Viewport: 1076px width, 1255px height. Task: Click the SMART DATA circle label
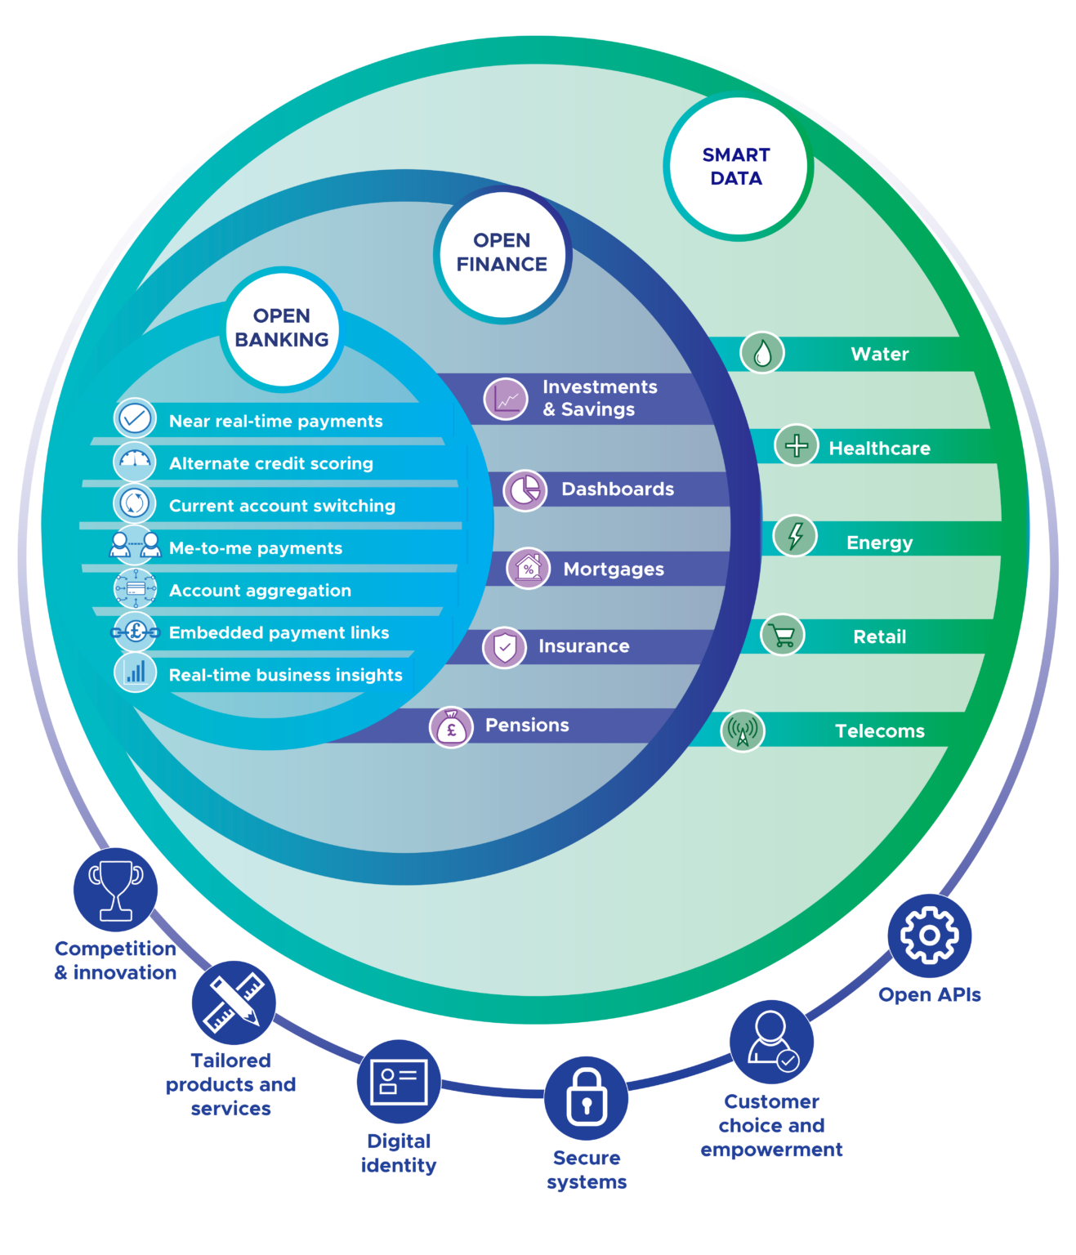(736, 167)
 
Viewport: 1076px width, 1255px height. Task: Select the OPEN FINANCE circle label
(502, 252)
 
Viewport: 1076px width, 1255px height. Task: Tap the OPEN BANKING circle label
(282, 328)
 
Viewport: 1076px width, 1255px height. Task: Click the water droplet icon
(761, 353)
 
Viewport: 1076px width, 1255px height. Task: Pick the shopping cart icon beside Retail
(782, 636)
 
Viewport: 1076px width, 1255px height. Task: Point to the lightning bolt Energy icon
(794, 536)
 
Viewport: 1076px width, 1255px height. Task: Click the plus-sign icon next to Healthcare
(796, 445)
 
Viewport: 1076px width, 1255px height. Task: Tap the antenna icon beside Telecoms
(742, 730)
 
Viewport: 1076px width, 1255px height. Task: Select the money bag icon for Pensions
(451, 726)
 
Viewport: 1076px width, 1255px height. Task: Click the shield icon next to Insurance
(504, 648)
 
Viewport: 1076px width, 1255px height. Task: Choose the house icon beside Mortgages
(529, 568)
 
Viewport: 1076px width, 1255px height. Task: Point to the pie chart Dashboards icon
(525, 490)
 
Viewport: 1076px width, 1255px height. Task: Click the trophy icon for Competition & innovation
(115, 890)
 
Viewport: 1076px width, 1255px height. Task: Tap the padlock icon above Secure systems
(586, 1098)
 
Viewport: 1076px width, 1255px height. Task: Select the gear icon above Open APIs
(929, 936)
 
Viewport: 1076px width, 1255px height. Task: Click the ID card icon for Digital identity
(399, 1082)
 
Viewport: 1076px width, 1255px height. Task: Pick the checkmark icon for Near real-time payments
(135, 419)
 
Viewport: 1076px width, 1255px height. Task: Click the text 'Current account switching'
(282, 506)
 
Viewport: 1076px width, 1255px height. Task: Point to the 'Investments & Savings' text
(600, 398)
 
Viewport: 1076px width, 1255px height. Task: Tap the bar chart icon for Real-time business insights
(135, 673)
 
